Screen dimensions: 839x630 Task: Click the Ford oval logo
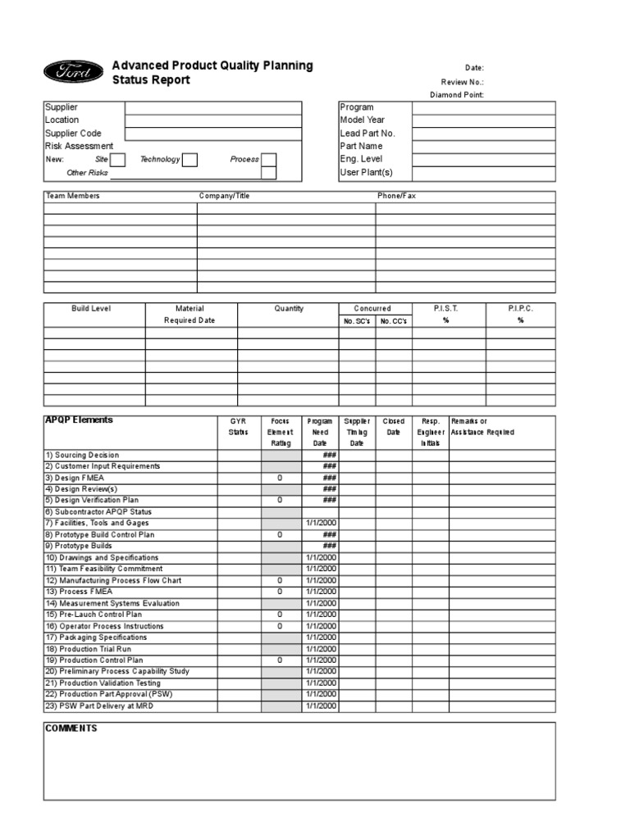click(74, 72)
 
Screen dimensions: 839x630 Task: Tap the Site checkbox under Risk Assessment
click(117, 160)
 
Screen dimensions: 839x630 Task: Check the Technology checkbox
click(189, 160)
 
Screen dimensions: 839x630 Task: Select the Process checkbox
click(268, 160)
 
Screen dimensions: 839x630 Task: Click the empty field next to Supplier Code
click(212, 134)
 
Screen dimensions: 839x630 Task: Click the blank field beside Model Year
click(483, 120)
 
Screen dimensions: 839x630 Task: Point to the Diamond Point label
click(457, 95)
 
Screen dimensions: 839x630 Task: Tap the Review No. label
click(462, 82)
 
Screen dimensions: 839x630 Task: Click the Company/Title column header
click(224, 197)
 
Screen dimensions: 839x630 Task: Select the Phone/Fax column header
click(396, 197)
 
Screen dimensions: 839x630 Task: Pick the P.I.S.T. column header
click(445, 309)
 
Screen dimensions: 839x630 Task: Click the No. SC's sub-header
click(358, 321)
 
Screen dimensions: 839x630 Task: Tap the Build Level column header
click(91, 309)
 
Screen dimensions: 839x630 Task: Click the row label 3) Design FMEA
click(75, 478)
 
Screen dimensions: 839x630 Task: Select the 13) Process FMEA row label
click(79, 592)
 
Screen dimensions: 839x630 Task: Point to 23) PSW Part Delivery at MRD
click(98, 705)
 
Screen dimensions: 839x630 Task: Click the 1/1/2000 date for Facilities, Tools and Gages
click(321, 523)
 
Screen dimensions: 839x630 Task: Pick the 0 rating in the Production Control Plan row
click(280, 660)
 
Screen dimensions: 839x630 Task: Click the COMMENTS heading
click(71, 728)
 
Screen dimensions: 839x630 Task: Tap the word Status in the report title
click(128, 80)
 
